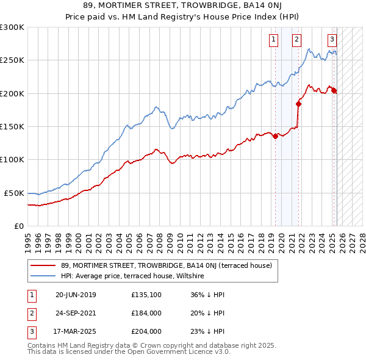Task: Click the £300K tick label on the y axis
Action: click(x=12, y=27)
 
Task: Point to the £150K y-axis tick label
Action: click(x=12, y=127)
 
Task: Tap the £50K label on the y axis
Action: click(x=14, y=193)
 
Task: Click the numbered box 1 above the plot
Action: click(x=273, y=40)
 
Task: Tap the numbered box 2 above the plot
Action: click(x=296, y=40)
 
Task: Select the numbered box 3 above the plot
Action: click(x=332, y=40)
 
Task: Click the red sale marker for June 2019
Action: click(x=275, y=136)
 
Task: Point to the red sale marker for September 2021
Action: click(x=298, y=104)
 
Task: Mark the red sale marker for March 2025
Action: click(x=334, y=91)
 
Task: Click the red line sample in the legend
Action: click(x=44, y=265)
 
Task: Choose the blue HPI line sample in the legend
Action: click(x=44, y=276)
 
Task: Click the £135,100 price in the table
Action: click(x=146, y=295)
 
